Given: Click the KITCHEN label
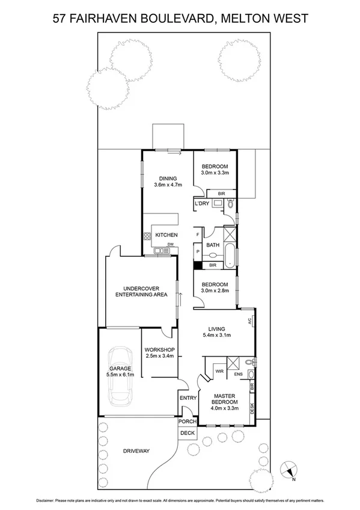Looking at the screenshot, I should [x=166, y=235].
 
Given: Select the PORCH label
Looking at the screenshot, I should [x=188, y=422].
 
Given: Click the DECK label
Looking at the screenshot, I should [x=188, y=432].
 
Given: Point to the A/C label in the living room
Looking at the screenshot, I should [x=249, y=322].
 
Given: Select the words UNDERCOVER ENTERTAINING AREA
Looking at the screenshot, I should [x=141, y=292].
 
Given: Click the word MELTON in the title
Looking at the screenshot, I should [x=245, y=19].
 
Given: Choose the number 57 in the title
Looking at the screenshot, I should [x=60, y=19].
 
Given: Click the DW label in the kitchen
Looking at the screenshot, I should [x=170, y=244].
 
